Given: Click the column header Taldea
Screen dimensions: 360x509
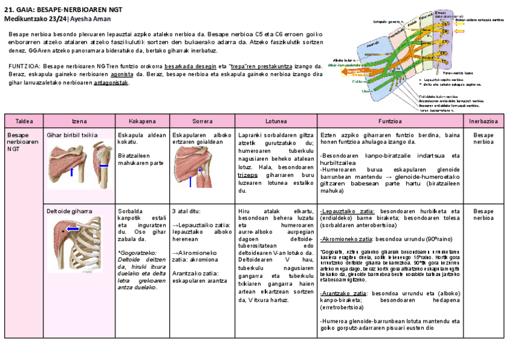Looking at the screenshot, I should (x=24, y=121).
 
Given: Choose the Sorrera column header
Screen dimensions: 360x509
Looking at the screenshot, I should (x=202, y=121).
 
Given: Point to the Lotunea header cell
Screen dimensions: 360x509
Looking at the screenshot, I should (x=276, y=121).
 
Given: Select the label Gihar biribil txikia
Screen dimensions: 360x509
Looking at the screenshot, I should (x=73, y=136).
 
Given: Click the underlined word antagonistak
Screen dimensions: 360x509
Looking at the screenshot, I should (x=111, y=83).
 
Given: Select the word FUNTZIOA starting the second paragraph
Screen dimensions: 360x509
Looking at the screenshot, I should (x=24, y=67).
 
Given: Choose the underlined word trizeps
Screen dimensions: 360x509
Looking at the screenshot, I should (x=247, y=175).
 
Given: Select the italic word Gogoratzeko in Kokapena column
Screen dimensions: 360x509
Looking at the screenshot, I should (x=137, y=253).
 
